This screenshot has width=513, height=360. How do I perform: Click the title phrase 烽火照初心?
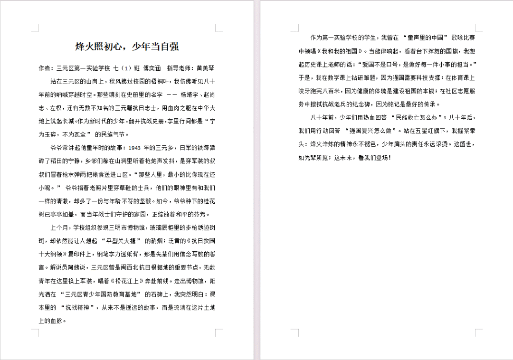(98, 47)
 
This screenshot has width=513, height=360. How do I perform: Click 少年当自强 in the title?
(155, 47)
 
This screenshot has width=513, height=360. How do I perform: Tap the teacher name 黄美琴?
(206, 68)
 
